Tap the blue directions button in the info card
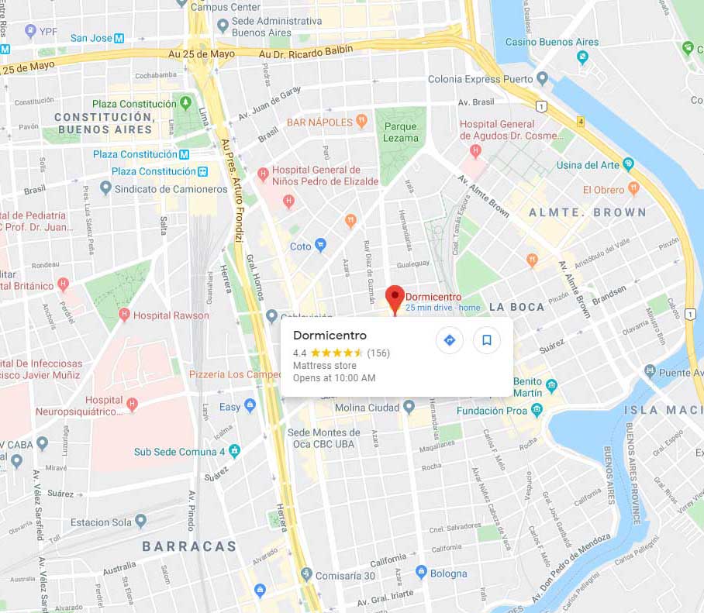[x=449, y=340]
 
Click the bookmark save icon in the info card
[x=487, y=340]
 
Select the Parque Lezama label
[x=401, y=133]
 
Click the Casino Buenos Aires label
[x=552, y=42]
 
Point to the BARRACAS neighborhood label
[x=189, y=546]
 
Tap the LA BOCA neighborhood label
[x=517, y=307]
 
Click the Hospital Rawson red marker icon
[x=124, y=315]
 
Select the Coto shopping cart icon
[x=320, y=246]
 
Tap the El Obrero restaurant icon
[x=634, y=188]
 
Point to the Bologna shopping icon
[x=421, y=573]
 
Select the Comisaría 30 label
[x=347, y=574]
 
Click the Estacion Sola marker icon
[x=140, y=522]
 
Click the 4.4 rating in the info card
[x=299, y=353]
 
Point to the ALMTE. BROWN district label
[x=587, y=212]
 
